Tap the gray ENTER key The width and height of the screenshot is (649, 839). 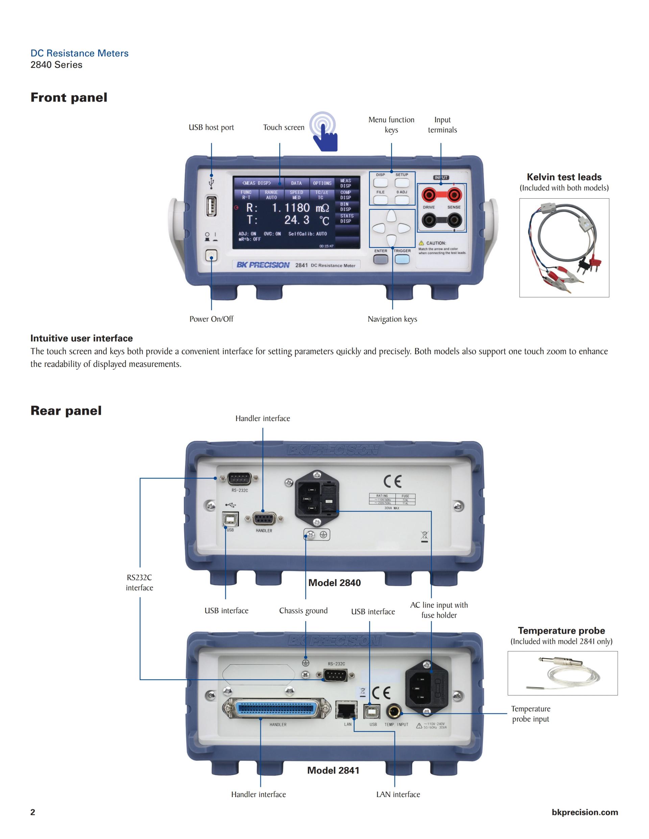click(x=381, y=259)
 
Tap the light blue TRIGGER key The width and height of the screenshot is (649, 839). click(x=402, y=259)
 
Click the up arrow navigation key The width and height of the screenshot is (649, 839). click(x=391, y=216)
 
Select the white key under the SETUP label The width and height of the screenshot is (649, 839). click(x=402, y=183)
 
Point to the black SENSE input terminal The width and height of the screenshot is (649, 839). click(x=454, y=220)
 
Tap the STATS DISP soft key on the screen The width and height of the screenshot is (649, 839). click(x=346, y=219)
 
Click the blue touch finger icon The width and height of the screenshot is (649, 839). click(x=325, y=132)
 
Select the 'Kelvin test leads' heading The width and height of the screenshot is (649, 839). click(x=564, y=177)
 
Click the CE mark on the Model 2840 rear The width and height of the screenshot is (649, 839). click(x=392, y=481)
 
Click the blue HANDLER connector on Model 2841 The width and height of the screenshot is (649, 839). click(x=277, y=708)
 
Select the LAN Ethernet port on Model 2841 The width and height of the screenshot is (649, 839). click(x=346, y=710)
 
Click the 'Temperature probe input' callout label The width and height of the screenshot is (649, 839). click(x=531, y=714)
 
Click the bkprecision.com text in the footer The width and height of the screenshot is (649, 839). click(x=584, y=812)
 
